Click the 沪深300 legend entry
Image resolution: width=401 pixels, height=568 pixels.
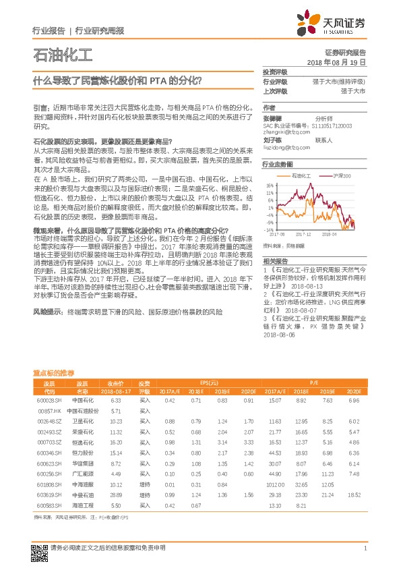pos(343,175)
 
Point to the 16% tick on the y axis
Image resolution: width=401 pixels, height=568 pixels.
pos(270,185)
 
